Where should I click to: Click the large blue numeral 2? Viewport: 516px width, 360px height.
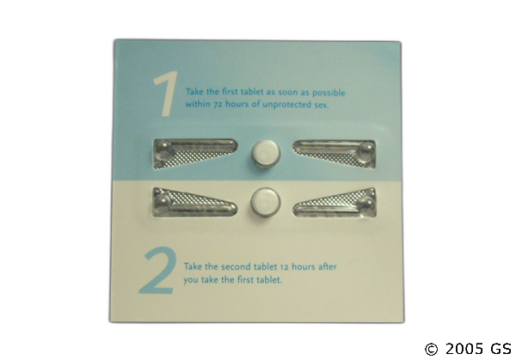pos(157,271)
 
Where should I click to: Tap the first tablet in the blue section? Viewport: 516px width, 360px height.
pos(266,154)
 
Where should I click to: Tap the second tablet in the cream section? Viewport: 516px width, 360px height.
pos(266,203)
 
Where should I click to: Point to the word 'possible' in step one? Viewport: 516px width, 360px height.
pos(329,93)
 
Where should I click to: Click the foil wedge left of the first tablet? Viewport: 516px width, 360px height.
pos(195,154)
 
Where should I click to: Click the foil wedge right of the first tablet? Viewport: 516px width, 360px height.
pos(334,154)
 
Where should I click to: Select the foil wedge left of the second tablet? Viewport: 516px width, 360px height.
pos(194,203)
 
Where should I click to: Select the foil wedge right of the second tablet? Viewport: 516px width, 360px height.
pos(335,203)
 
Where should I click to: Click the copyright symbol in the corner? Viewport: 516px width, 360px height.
pos(431,349)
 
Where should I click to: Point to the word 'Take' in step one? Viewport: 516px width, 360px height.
pos(194,91)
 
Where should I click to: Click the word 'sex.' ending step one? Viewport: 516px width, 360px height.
pos(321,105)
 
